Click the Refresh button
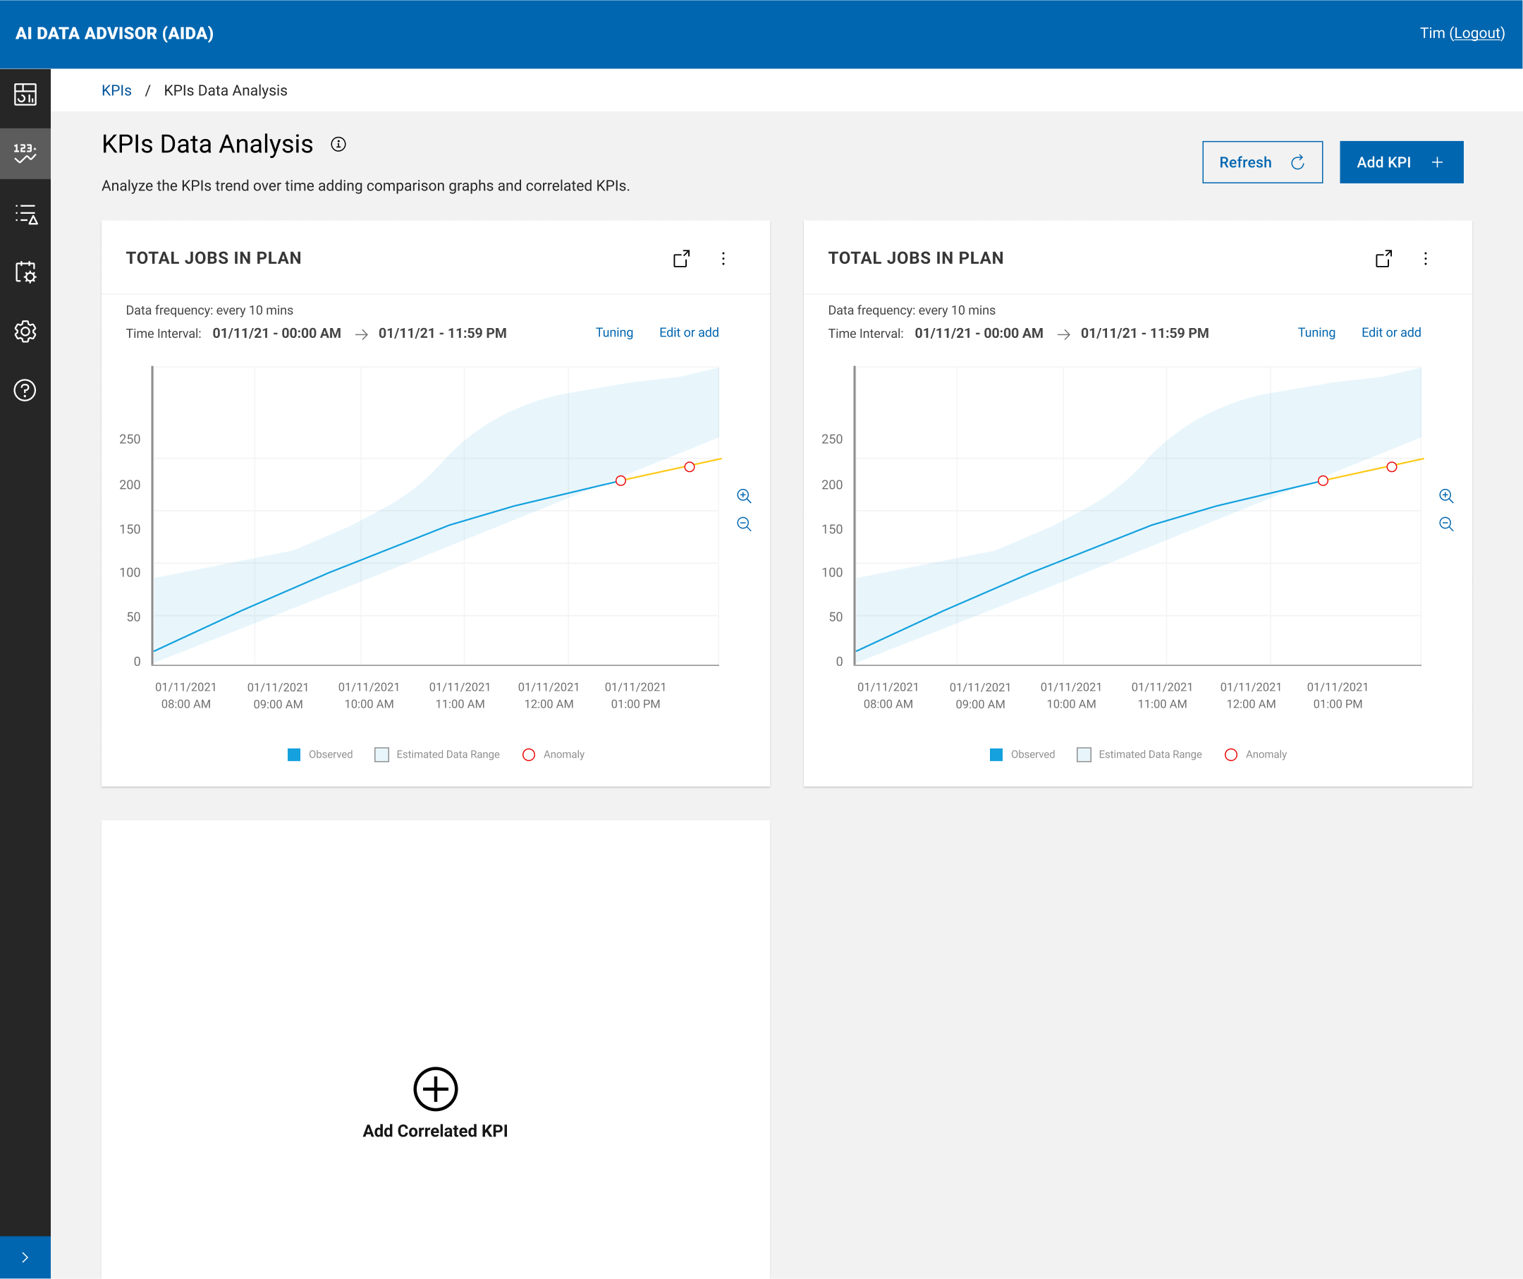tap(1262, 162)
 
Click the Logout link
tap(1476, 33)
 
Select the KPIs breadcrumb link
tap(116, 91)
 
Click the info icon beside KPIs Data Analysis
tap(338, 145)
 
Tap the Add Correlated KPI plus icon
tap(435, 1089)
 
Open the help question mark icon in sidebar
tap(25, 390)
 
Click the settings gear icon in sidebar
tap(25, 332)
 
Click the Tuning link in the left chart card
tap(613, 332)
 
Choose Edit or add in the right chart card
tap(1390, 332)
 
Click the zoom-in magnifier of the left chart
tap(743, 496)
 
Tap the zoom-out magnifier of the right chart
tap(1445, 523)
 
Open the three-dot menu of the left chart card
tap(723, 259)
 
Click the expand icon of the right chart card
tap(1383, 259)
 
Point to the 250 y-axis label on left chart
tap(130, 439)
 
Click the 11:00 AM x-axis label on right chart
tap(1162, 695)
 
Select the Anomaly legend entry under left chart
tap(553, 754)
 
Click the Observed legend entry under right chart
tap(1022, 754)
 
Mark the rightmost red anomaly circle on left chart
tap(689, 466)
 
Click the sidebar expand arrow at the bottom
tap(25, 1257)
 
